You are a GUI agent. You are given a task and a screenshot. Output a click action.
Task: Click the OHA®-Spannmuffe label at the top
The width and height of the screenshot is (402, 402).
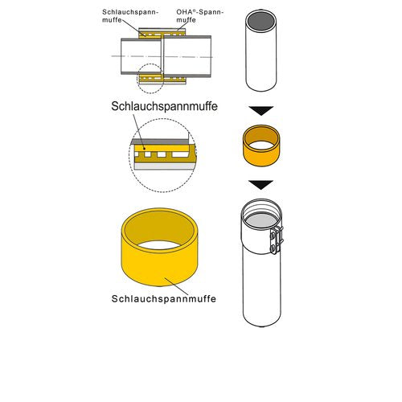click(x=199, y=16)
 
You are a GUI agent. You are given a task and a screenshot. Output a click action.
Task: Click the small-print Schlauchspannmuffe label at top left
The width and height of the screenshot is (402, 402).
click(x=130, y=16)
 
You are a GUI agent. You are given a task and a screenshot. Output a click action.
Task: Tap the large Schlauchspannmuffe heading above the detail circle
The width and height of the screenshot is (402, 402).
click(x=164, y=106)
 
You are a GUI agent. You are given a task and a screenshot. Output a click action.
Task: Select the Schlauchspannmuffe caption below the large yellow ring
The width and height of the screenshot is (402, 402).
click(x=164, y=298)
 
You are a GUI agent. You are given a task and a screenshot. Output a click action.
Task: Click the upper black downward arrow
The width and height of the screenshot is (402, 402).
click(x=261, y=110)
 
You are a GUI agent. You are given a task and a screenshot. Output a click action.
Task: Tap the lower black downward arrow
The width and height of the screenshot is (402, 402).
click(x=260, y=185)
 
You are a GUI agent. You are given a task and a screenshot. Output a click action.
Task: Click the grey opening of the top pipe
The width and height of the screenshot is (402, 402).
click(x=261, y=21)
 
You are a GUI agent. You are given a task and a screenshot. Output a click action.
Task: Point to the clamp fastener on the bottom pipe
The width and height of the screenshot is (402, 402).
click(x=277, y=240)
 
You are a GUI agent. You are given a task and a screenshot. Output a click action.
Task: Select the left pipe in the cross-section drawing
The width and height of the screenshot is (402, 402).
click(x=141, y=56)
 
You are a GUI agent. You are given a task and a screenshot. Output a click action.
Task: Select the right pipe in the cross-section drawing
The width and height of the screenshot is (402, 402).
click(x=187, y=56)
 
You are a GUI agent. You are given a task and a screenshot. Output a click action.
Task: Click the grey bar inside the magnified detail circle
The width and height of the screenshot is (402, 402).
click(x=161, y=142)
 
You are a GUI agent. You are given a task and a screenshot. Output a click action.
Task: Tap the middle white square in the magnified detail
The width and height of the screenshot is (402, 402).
click(x=162, y=154)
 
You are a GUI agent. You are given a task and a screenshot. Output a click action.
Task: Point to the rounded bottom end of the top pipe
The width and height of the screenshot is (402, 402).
click(x=261, y=87)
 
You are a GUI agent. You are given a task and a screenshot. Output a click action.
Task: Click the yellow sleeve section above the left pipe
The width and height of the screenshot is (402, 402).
click(x=150, y=35)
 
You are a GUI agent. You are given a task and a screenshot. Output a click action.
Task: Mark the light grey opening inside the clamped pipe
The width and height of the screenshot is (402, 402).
click(x=261, y=220)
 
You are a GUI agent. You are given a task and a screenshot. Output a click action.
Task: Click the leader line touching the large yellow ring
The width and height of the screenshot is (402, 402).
click(x=177, y=286)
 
